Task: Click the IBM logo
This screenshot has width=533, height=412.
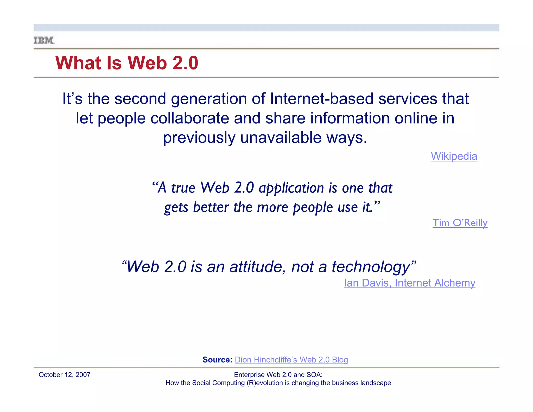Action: (x=44, y=40)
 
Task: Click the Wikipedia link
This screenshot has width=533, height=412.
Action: (x=454, y=156)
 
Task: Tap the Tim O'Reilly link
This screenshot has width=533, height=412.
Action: (x=460, y=223)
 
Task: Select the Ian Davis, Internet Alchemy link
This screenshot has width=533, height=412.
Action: (x=409, y=283)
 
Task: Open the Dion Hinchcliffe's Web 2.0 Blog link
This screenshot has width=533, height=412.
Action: (x=291, y=360)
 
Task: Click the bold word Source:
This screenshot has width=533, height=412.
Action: (x=217, y=360)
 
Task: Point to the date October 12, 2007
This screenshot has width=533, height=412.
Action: (x=65, y=375)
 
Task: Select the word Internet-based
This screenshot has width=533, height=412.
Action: (x=322, y=99)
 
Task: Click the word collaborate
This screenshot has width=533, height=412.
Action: (x=190, y=118)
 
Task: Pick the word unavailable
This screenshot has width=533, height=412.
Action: (x=281, y=138)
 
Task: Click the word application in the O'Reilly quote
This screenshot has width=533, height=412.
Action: (x=291, y=188)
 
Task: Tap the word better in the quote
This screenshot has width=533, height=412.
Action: (x=211, y=207)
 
